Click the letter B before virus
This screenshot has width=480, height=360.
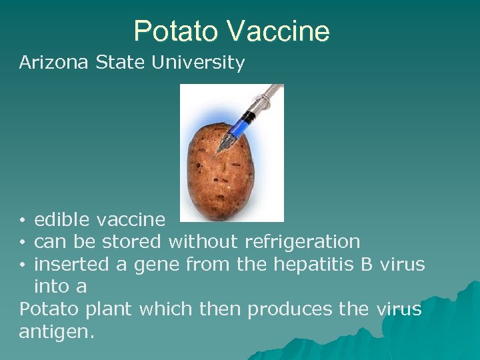[x=367, y=264]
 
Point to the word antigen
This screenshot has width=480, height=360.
[x=55, y=332]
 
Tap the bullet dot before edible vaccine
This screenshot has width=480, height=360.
[x=23, y=220]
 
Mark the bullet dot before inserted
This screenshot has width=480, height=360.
[x=23, y=265]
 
